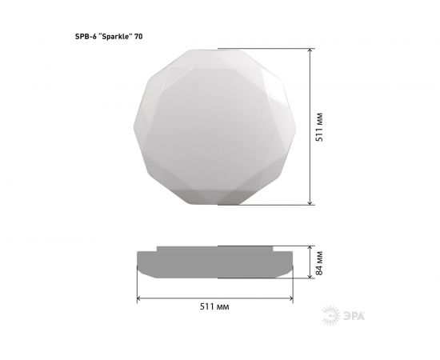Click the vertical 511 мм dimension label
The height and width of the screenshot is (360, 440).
320,126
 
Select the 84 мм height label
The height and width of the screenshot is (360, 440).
320,262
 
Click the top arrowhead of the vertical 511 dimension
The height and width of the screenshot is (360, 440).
310,50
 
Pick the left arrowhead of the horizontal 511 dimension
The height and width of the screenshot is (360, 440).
140,298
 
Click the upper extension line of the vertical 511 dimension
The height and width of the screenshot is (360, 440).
264,46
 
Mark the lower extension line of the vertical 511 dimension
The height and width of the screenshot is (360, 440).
264,205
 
